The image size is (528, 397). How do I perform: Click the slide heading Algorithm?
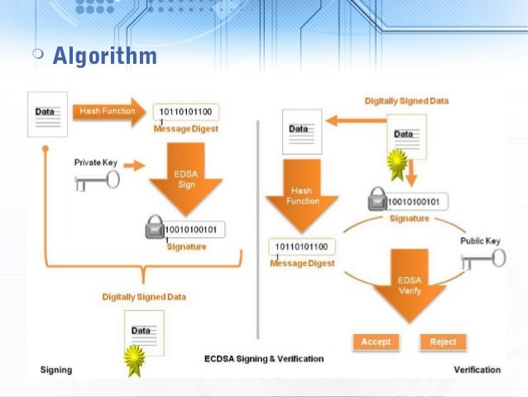coord(104,56)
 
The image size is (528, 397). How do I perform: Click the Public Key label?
coord(480,241)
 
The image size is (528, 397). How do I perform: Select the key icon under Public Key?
coord(482,259)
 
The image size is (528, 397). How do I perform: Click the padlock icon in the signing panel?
coord(155,229)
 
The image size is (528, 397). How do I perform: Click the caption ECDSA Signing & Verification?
coord(264,360)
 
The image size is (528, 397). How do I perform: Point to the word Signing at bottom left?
coord(56,370)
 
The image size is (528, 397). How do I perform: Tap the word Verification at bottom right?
coord(477,370)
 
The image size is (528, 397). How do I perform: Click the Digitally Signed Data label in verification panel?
coord(406,101)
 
